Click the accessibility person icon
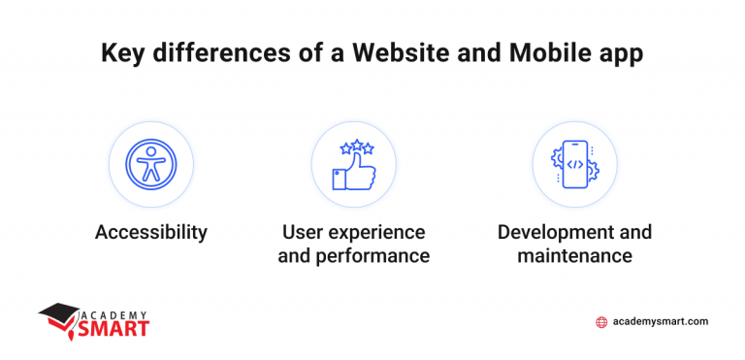(x=150, y=164)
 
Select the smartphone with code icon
(x=575, y=164)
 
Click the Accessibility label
(x=150, y=233)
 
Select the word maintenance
(x=574, y=256)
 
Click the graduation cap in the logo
(x=60, y=313)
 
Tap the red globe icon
(x=602, y=322)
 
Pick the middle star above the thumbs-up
(x=356, y=145)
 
